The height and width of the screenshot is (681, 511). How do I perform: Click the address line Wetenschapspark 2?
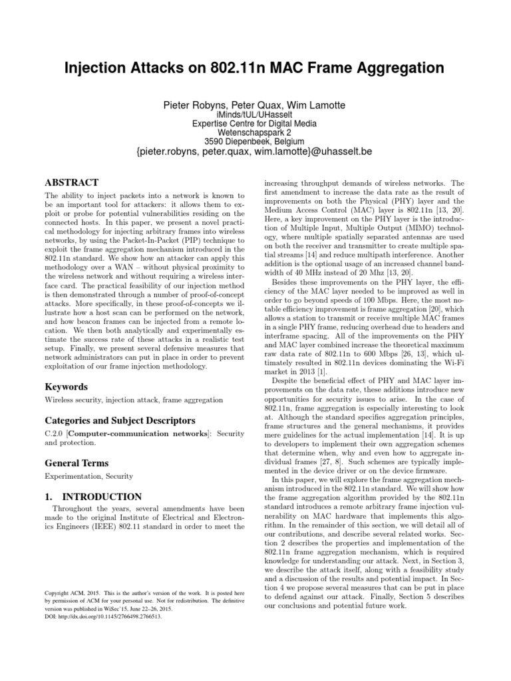click(x=255, y=133)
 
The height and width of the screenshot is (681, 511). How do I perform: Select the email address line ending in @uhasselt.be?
click(x=255, y=153)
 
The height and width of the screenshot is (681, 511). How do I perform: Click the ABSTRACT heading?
click(x=71, y=182)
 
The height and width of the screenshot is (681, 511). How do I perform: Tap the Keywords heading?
click(x=67, y=386)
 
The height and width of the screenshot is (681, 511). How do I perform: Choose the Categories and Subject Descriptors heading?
click(x=119, y=420)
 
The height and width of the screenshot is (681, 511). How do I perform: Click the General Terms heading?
click(x=76, y=463)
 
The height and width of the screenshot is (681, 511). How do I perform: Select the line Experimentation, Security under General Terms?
click(x=88, y=476)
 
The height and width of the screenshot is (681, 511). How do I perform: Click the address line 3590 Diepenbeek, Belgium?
click(x=255, y=142)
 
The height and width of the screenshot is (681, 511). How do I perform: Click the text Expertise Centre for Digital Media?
click(x=255, y=124)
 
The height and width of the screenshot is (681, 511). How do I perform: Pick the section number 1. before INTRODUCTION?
click(x=49, y=496)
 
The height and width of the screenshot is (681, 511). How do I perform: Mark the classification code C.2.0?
click(x=54, y=433)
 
